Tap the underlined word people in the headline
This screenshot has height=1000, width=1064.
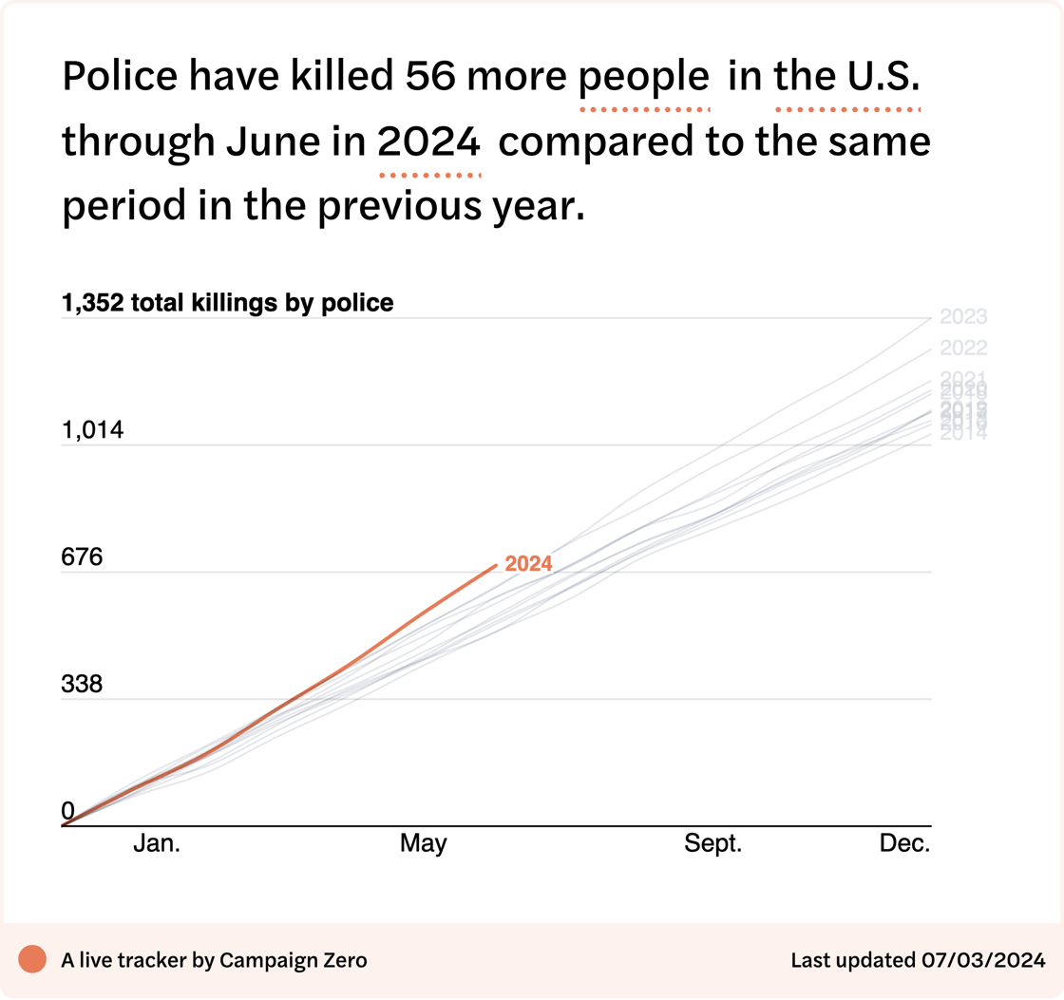[x=645, y=77]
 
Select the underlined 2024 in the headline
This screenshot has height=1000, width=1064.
[x=429, y=143]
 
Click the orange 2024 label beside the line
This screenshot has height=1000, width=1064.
[x=528, y=564]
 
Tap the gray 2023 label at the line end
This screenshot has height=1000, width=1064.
[x=963, y=317]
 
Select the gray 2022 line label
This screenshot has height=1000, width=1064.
[x=963, y=348]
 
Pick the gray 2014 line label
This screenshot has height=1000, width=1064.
[x=963, y=435]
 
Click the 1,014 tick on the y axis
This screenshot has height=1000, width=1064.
[x=93, y=431]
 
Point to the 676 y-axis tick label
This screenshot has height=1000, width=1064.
[x=82, y=557]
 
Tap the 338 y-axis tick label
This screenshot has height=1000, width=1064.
[x=82, y=685]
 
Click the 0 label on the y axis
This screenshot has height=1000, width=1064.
[x=67, y=811]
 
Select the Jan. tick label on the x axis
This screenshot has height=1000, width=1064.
[x=157, y=843]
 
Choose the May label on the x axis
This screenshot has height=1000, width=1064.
[x=423, y=843]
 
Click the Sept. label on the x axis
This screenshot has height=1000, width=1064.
[x=713, y=843]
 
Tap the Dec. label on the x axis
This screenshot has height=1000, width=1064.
[x=904, y=843]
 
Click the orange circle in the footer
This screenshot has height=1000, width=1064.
[x=32, y=960]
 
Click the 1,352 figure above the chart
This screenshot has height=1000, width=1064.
[x=92, y=303]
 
